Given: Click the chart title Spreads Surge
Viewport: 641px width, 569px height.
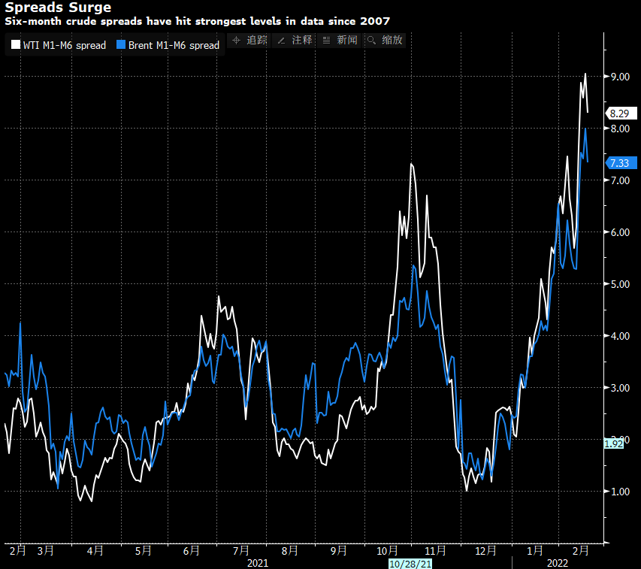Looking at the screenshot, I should (x=58, y=8).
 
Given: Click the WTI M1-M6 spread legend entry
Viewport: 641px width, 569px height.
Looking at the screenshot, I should (x=59, y=45).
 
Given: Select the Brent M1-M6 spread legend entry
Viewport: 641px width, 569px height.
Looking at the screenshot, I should (x=168, y=45).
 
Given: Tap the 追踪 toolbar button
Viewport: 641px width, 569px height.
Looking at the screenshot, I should (x=249, y=40).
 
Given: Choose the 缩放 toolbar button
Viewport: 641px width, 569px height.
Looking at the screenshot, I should (x=384, y=40).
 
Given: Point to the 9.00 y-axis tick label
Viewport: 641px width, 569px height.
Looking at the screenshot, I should (x=619, y=77).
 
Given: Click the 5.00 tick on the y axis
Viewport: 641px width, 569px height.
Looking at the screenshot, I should (x=619, y=284).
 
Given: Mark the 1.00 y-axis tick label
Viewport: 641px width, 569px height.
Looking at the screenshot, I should (x=619, y=492).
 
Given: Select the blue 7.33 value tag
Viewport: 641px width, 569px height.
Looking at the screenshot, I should (x=621, y=163).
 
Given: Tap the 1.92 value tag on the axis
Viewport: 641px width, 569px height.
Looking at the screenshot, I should (x=614, y=443).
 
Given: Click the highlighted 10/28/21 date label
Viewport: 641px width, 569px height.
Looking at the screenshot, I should (x=410, y=562).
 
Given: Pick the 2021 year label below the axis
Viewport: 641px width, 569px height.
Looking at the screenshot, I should (x=258, y=562).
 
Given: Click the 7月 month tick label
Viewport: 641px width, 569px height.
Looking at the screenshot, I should (x=241, y=550).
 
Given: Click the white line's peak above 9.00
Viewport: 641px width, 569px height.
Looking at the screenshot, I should (x=585, y=74).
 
